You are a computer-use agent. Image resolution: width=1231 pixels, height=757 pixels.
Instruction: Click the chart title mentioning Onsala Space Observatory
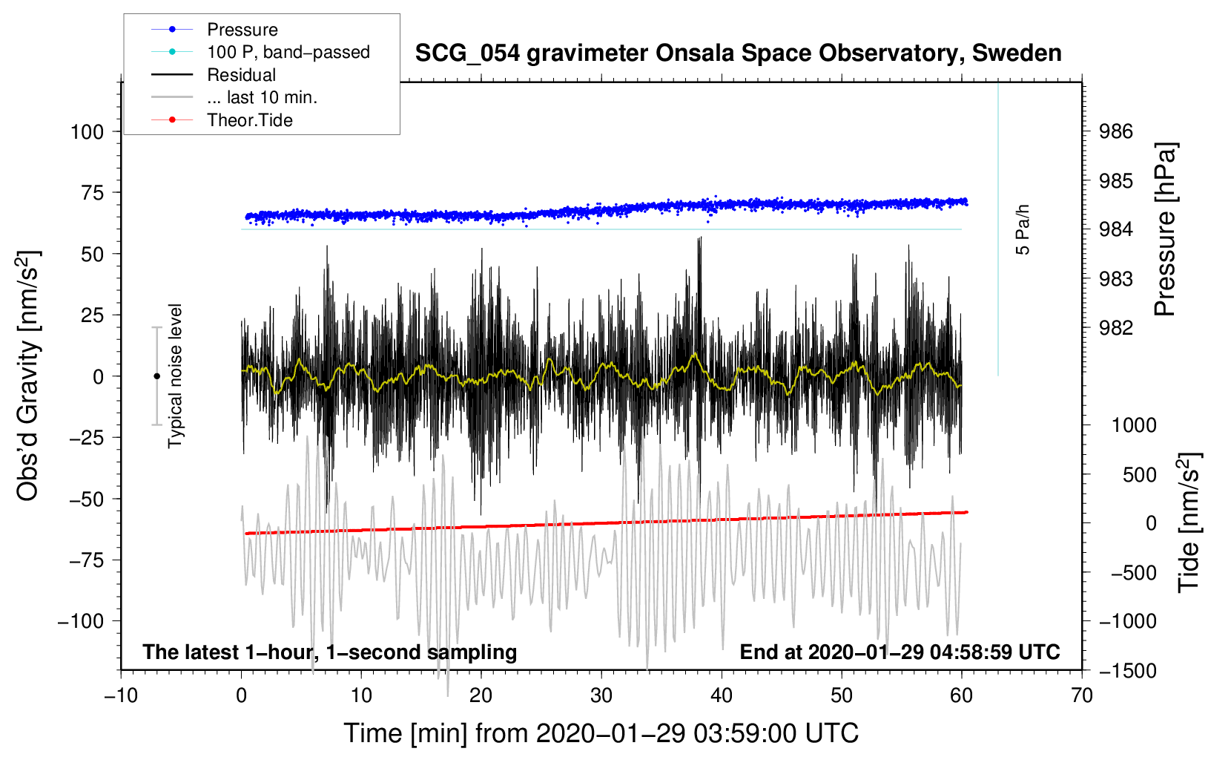(x=738, y=53)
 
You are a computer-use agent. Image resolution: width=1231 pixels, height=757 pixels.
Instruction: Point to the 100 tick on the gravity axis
(x=87, y=132)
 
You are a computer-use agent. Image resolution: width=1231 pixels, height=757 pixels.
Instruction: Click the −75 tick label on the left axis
(x=86, y=560)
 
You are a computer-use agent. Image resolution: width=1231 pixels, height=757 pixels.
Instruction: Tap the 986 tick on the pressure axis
(x=1115, y=131)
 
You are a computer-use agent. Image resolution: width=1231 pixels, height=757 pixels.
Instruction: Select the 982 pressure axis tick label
(x=1115, y=328)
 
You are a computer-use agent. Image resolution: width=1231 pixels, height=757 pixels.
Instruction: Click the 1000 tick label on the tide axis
(x=1135, y=425)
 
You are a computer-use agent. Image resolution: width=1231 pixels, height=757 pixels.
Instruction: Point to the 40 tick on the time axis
(x=721, y=696)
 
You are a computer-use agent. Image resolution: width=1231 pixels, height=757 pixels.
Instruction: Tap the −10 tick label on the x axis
(x=121, y=696)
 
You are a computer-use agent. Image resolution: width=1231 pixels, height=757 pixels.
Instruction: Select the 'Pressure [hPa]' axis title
(x=1166, y=229)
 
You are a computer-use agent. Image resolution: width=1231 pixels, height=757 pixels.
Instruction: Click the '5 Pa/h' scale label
(x=1022, y=230)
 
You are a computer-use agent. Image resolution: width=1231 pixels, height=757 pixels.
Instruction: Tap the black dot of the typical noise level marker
(x=156, y=376)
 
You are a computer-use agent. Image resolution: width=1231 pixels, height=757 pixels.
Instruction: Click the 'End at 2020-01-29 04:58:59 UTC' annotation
(x=900, y=652)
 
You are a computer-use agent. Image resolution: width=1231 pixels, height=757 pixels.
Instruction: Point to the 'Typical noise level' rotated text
(x=175, y=376)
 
